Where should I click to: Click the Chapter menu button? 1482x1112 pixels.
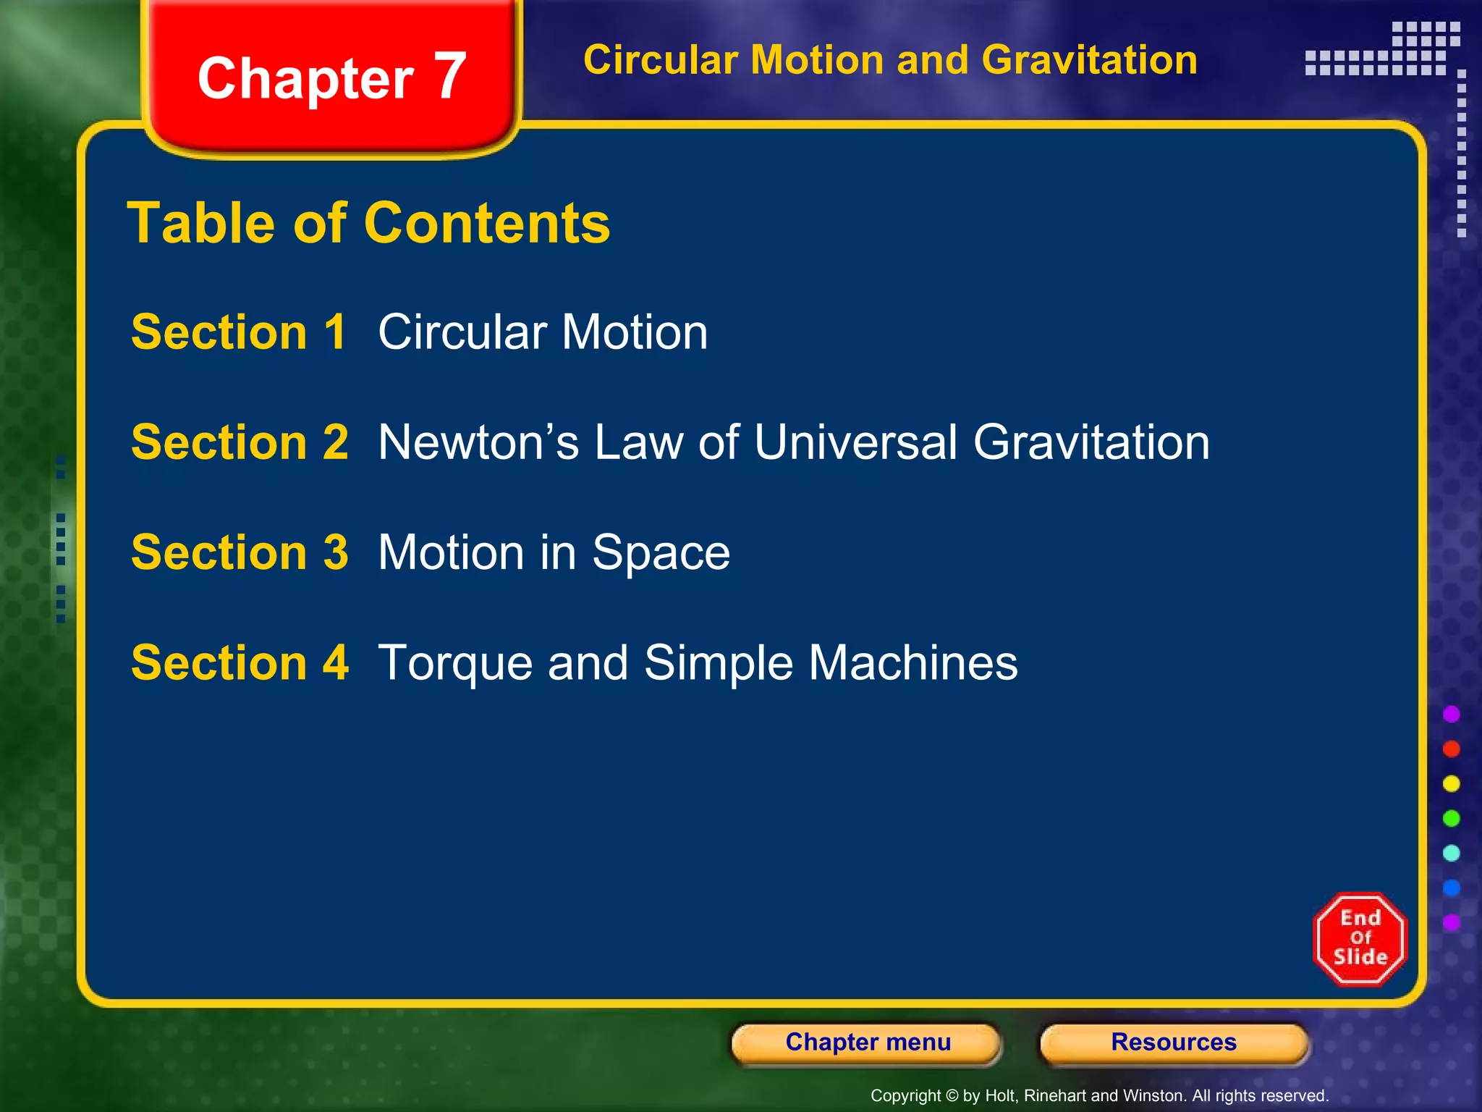868,1042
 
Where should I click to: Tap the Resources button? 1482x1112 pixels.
1174,1042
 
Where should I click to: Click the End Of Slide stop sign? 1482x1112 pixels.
1360,939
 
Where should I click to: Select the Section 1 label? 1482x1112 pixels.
239,332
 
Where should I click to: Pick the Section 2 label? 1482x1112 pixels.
240,442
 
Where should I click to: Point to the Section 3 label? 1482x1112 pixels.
240,552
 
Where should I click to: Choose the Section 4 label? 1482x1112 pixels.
240,662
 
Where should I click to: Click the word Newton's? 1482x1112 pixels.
478,442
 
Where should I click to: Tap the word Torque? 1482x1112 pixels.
455,664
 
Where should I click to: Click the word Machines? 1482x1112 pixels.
913,662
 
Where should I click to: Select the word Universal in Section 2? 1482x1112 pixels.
856,442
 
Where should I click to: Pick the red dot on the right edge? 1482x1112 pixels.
1451,749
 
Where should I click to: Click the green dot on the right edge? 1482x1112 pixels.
1451,818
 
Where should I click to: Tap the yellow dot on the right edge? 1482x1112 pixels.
1451,783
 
